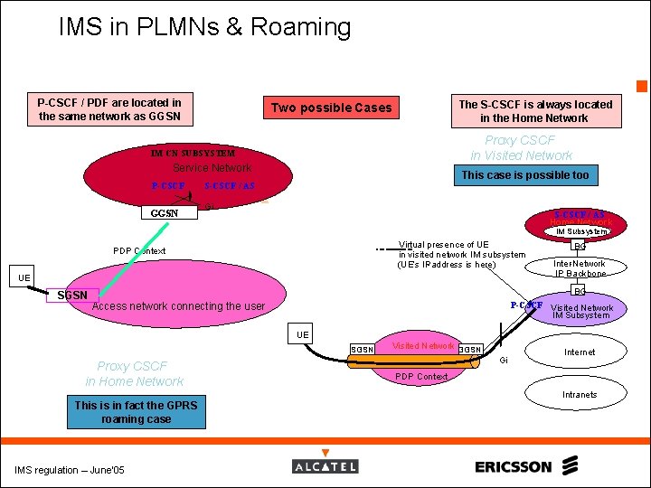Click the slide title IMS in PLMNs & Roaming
[204, 27]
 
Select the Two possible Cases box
[332, 108]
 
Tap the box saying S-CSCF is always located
[535, 111]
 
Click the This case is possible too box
[524, 175]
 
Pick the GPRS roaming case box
[136, 412]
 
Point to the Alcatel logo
[325, 466]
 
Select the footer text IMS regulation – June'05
[70, 469]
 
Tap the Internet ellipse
[580, 352]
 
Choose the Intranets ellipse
[580, 394]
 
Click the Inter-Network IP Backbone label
[580, 268]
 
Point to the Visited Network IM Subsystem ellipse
[581, 311]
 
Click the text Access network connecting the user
[179, 306]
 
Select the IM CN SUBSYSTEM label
[193, 154]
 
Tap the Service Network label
[212, 168]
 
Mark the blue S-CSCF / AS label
[230, 186]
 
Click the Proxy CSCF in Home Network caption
[134, 374]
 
